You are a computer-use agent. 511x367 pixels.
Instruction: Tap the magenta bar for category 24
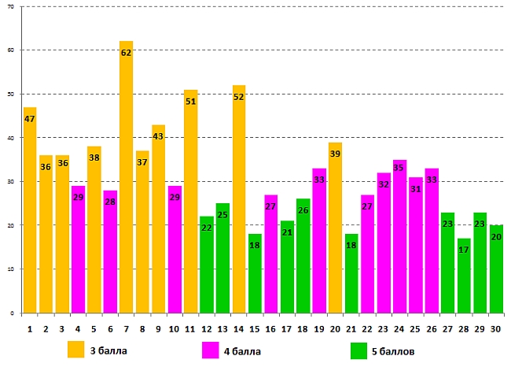(399, 236)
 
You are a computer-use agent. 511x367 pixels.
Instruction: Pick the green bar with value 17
(464, 276)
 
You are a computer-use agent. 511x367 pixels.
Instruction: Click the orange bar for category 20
(335, 228)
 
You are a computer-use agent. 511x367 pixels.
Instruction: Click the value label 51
(190, 101)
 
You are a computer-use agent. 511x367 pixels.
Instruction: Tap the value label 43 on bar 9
(158, 136)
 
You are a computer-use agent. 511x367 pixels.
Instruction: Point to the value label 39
(335, 154)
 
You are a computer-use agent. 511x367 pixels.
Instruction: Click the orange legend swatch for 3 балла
(76, 350)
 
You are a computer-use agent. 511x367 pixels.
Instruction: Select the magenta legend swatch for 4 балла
(211, 350)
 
